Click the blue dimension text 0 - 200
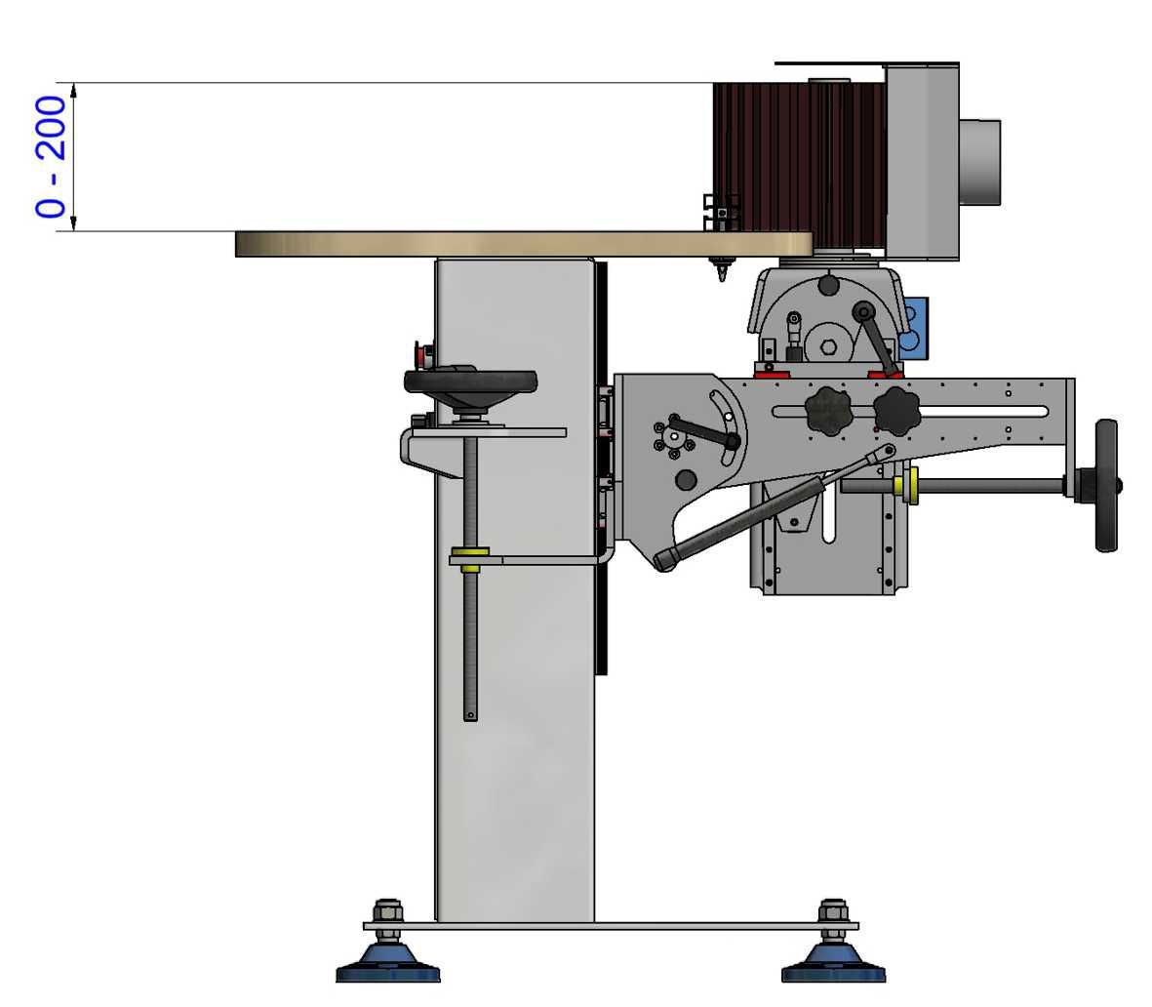click(x=50, y=156)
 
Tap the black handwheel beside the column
click(x=470, y=383)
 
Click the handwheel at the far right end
click(x=1106, y=485)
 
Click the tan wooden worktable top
click(x=524, y=244)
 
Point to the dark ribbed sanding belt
click(x=799, y=163)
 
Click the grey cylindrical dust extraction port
click(x=979, y=162)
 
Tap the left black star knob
click(x=828, y=412)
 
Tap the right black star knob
click(x=897, y=412)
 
